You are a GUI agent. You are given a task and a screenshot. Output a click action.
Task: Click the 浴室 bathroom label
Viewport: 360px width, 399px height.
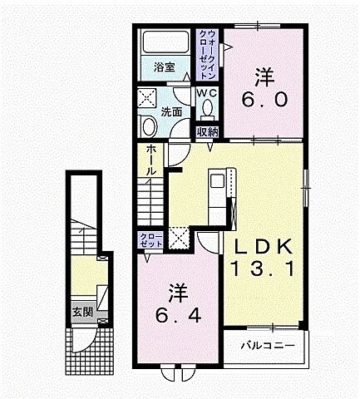click(164, 67)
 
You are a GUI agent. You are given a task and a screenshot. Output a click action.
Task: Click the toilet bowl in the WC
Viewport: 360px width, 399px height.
click(207, 108)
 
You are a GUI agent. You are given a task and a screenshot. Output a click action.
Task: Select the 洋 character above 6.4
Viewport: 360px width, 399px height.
click(177, 293)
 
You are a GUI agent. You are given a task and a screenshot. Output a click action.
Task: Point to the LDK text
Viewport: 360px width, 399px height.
click(263, 247)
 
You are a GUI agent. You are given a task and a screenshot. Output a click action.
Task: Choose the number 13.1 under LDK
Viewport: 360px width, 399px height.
click(263, 268)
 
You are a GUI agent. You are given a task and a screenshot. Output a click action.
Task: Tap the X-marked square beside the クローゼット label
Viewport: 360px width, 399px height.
click(178, 236)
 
